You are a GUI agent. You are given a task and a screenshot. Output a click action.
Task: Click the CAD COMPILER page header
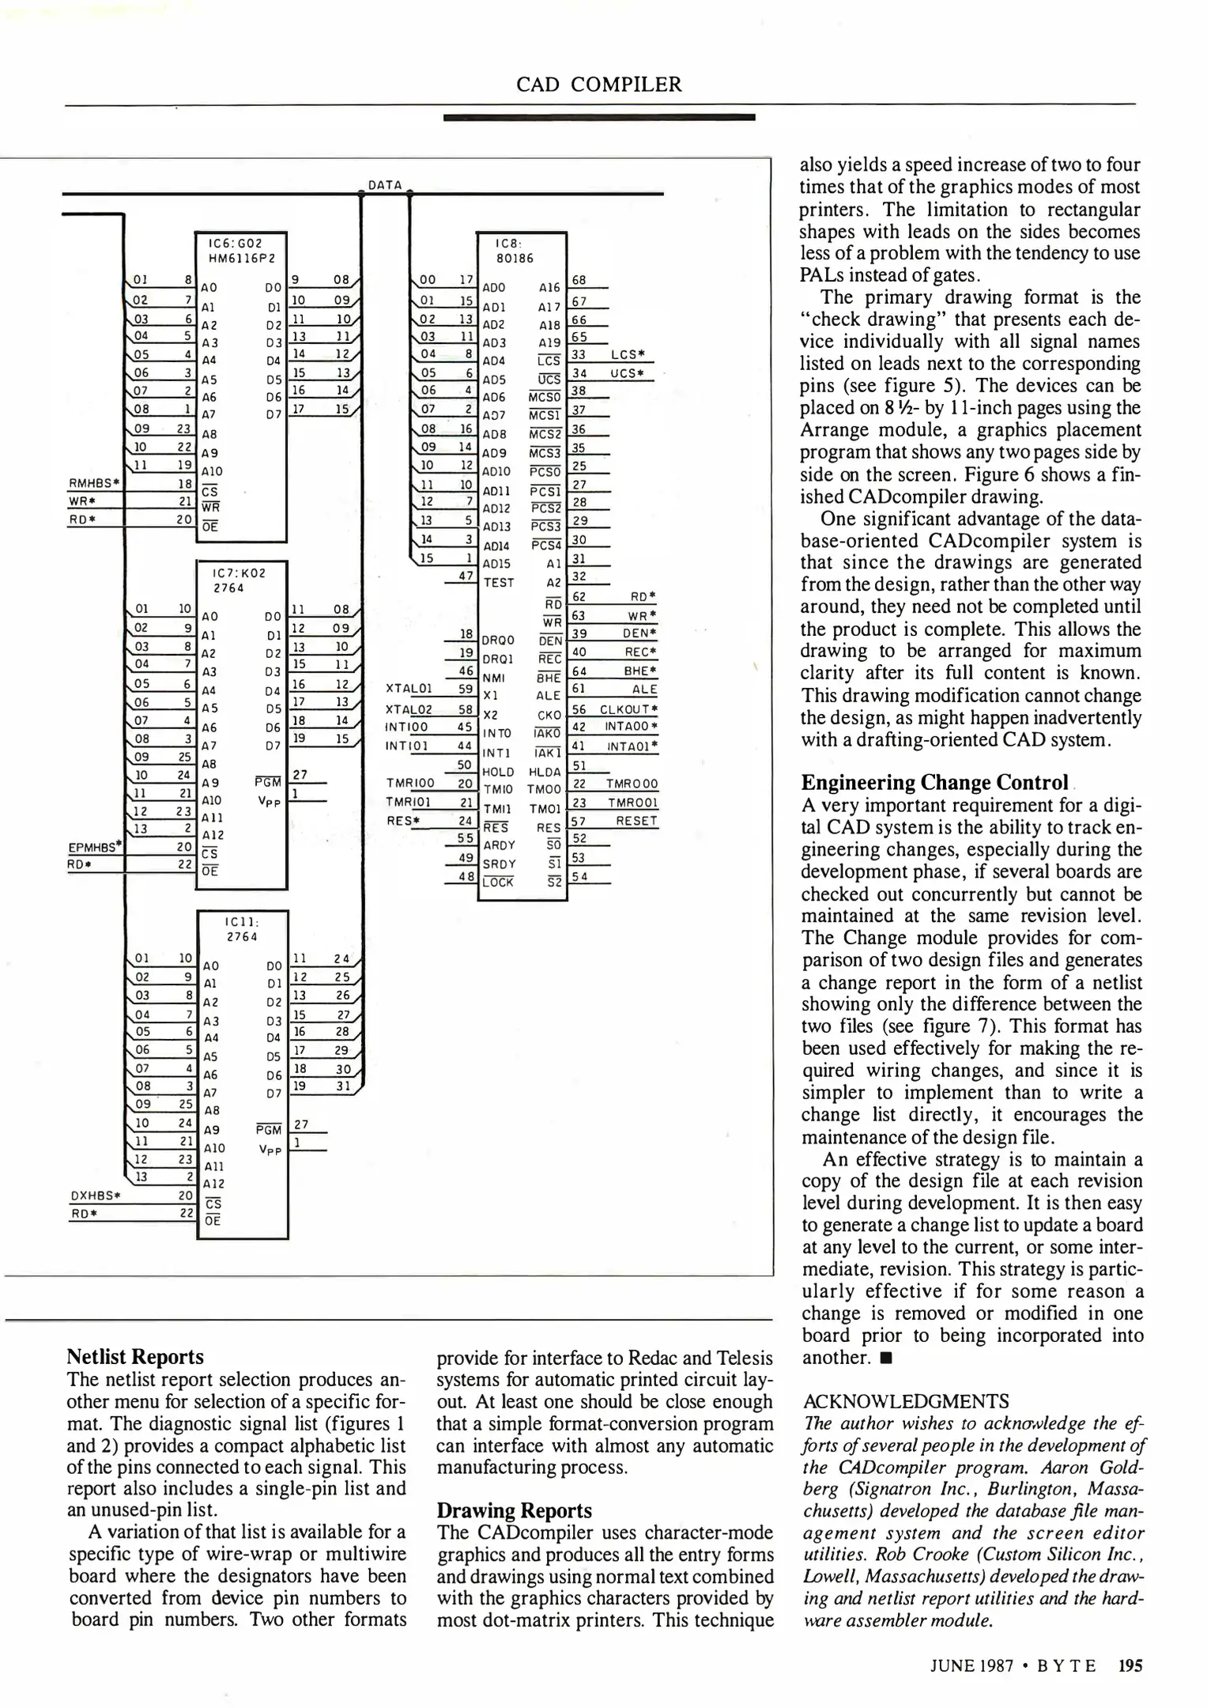[x=598, y=85]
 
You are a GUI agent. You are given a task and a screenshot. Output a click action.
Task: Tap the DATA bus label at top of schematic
[x=385, y=185]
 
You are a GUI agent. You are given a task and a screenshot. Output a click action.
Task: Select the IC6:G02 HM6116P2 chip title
[x=241, y=251]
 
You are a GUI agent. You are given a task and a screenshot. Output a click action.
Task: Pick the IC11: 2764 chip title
[x=242, y=929]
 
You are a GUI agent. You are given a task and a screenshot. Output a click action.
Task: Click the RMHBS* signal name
[x=94, y=482]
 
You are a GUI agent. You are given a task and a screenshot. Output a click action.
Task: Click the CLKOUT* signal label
[x=628, y=709]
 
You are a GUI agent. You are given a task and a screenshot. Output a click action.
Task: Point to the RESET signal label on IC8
[x=636, y=821]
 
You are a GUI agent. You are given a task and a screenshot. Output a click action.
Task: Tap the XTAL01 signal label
[x=408, y=688]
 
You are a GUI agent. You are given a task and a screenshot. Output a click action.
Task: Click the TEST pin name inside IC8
[x=498, y=583]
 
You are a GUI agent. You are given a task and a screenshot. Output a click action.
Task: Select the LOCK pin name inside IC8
[x=498, y=882]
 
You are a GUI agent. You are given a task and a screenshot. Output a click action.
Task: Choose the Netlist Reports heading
[x=135, y=1356]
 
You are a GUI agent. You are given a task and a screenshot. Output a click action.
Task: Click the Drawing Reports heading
[x=514, y=1510]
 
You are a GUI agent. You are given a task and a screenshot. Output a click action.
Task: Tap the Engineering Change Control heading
[x=934, y=782]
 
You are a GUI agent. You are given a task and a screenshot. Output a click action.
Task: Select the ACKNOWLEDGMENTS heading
[x=905, y=1401]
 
